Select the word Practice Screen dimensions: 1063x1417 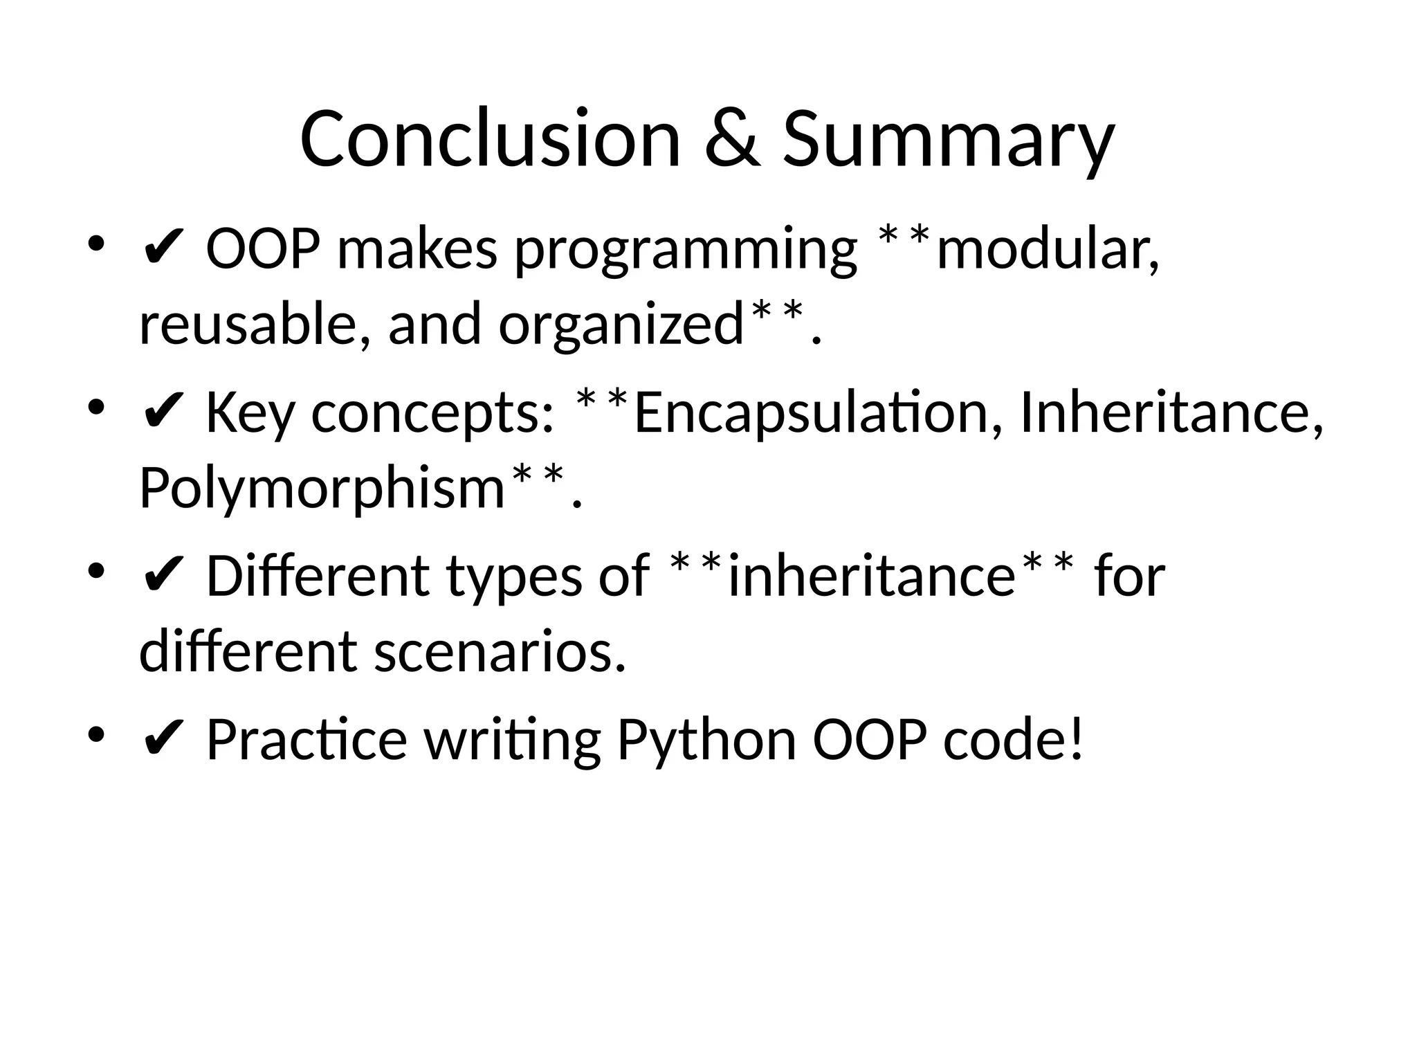coord(307,740)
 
